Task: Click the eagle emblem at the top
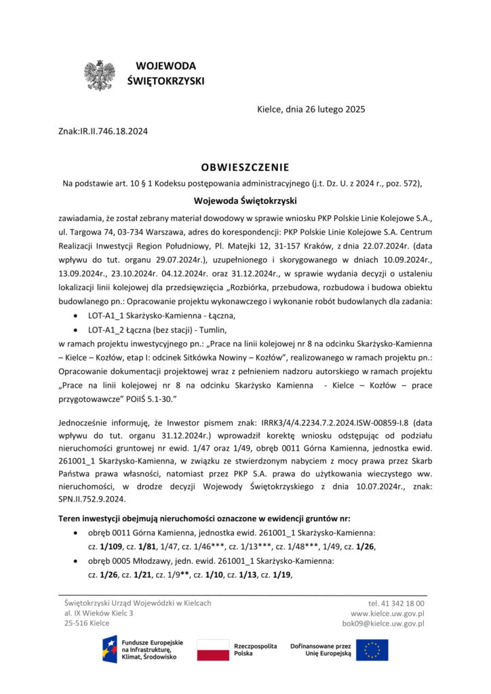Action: [x=99, y=75]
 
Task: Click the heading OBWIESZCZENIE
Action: [x=245, y=167]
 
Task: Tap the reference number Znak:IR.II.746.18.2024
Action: [x=104, y=131]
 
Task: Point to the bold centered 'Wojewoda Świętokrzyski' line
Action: [x=245, y=201]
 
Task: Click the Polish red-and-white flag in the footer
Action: [x=212, y=649]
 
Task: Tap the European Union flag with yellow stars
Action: [x=372, y=649]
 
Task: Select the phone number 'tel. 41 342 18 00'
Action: [x=396, y=603]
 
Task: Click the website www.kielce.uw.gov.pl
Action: [x=387, y=613]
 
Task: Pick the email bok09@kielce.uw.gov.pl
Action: [x=383, y=624]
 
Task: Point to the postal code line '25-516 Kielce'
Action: [x=87, y=624]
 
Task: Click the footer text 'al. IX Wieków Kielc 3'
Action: [x=99, y=613]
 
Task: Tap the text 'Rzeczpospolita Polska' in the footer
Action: [x=255, y=649]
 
